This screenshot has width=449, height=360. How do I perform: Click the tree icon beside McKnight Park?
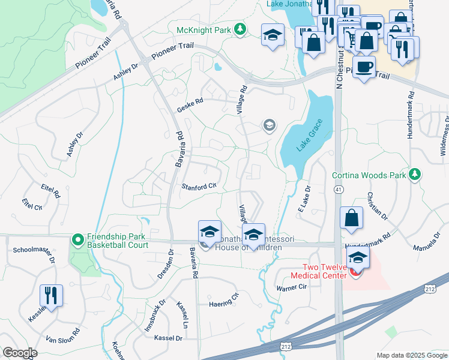coord(240,29)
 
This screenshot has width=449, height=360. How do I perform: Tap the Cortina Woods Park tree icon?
coord(414,175)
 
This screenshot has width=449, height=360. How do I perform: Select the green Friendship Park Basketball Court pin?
coord(77,240)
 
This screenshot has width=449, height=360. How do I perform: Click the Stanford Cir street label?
coord(199,187)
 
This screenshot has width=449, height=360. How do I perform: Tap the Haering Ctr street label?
coord(224,303)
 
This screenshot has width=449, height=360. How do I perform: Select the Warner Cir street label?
coord(292,288)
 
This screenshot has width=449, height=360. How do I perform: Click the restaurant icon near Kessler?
coord(50,295)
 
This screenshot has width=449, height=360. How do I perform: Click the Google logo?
coord(20,353)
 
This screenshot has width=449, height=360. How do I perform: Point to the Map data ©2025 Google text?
coord(412,355)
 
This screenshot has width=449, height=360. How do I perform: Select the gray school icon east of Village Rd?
coord(269,125)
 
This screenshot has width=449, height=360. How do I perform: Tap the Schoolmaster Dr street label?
coord(34,254)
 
